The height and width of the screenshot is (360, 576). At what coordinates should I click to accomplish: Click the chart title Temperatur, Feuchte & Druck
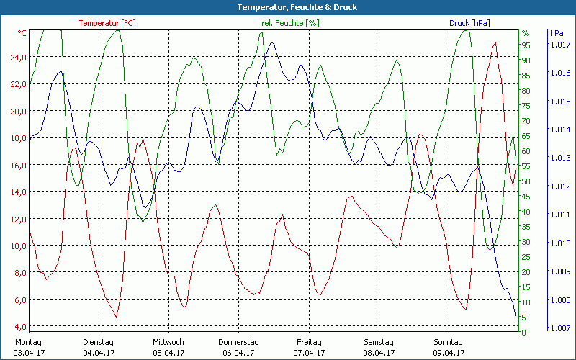point(287,7)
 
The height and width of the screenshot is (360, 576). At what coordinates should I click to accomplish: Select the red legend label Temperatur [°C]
point(107,23)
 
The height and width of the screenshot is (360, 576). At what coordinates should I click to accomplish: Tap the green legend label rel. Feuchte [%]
point(290,23)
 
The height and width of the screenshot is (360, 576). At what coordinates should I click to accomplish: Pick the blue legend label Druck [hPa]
point(469,23)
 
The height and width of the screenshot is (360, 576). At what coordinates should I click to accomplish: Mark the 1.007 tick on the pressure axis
point(560,328)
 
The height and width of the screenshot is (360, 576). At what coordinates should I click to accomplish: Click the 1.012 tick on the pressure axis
point(560,187)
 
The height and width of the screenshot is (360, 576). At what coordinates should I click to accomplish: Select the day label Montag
point(29,342)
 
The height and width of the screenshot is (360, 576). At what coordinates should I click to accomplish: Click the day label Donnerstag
point(238,342)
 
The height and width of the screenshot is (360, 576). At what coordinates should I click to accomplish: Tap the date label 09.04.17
point(449,353)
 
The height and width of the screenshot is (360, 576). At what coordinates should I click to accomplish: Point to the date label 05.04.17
point(168,353)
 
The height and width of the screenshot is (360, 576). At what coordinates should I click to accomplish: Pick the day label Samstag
point(379,342)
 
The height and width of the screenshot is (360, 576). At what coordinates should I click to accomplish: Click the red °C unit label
point(22,33)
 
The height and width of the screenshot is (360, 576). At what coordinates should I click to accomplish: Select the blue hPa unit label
point(557,33)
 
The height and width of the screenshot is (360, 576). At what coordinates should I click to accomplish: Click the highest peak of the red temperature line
point(495,43)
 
